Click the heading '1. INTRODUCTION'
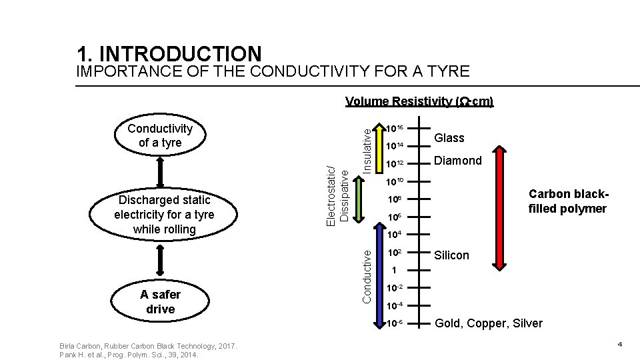(169, 53)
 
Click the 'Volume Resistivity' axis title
(419, 101)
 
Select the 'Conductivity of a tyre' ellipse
(160, 135)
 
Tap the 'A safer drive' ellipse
(160, 302)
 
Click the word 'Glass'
(449, 138)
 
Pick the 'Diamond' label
(457, 161)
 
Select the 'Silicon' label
(451, 255)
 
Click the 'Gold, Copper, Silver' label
(488, 323)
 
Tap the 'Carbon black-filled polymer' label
(567, 201)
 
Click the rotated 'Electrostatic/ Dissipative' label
(338, 193)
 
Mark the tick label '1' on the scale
(395, 271)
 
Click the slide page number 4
(619, 344)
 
